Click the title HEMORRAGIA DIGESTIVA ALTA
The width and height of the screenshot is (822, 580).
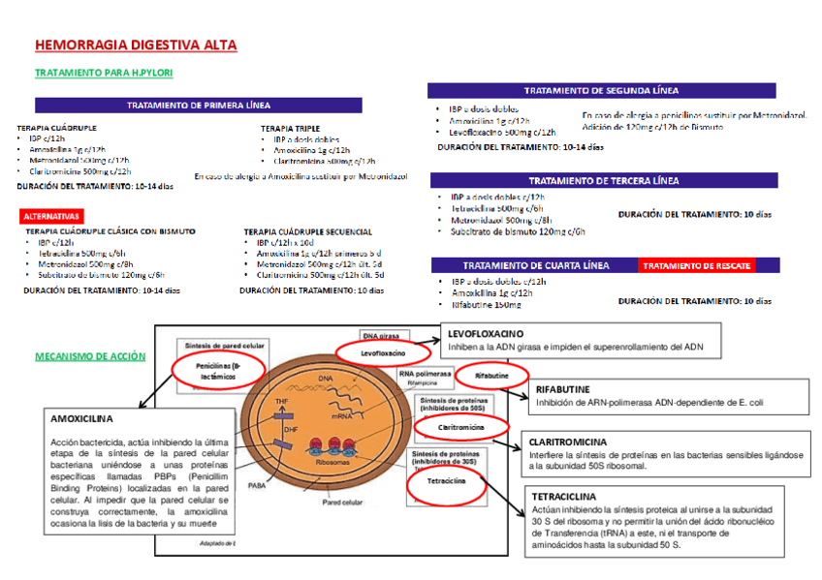tap(136, 46)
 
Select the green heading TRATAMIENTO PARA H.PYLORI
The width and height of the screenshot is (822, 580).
tap(97, 73)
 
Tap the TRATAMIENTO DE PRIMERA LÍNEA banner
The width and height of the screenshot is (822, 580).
tap(199, 105)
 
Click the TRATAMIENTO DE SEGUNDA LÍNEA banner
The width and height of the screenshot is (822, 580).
tap(602, 90)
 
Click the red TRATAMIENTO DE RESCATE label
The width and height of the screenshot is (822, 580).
tap(696, 265)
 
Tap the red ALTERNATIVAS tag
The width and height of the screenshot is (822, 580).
tap(51, 215)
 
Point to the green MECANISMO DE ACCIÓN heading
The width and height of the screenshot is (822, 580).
tap(90, 356)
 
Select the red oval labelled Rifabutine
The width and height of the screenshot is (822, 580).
tap(492, 375)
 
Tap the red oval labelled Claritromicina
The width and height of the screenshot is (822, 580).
tap(460, 426)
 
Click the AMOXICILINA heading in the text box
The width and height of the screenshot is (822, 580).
tap(81, 419)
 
